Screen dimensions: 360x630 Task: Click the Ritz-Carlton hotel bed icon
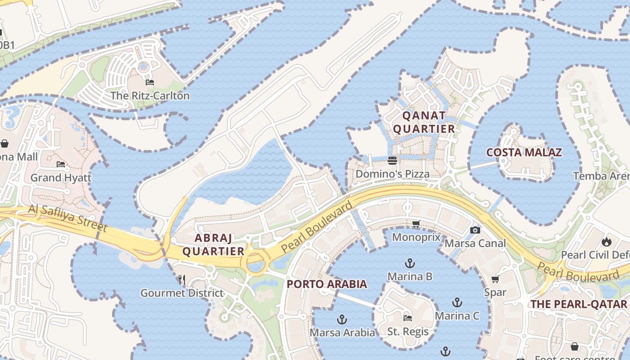[x=150, y=82]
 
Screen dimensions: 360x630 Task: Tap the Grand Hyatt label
[x=61, y=178]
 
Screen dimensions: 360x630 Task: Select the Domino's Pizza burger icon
[x=392, y=161]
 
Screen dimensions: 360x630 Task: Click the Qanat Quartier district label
[x=424, y=122]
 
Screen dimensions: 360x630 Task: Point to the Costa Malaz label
[x=524, y=153]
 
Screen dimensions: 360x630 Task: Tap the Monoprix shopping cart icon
[x=416, y=224]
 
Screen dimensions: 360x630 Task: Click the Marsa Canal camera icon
[x=475, y=230]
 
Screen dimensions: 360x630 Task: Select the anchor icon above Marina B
[x=409, y=263]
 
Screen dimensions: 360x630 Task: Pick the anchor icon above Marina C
[x=457, y=302]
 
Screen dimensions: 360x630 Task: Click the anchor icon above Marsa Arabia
[x=342, y=319]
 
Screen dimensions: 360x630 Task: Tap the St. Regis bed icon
[x=407, y=318]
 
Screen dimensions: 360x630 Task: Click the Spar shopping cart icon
[x=495, y=279]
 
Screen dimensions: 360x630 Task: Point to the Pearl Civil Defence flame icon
[x=607, y=242]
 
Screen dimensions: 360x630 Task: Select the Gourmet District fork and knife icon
[x=182, y=280]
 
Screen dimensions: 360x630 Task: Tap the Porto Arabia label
[x=327, y=284]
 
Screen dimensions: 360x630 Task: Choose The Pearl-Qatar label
[x=578, y=304]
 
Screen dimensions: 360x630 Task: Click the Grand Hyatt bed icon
[x=61, y=164]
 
